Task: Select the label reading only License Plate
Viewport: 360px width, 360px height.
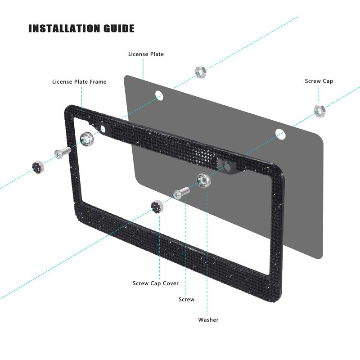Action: coord(146,54)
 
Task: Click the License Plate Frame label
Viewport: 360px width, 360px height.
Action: coord(79,81)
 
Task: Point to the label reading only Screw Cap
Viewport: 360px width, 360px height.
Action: coord(319,81)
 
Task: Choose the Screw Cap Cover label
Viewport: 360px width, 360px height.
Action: coord(155,283)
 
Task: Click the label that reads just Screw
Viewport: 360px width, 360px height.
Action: coord(186,299)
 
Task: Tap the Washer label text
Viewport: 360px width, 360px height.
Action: coord(208,319)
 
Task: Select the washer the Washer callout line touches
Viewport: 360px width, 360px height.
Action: coord(204,180)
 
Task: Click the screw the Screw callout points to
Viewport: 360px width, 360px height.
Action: coord(181,192)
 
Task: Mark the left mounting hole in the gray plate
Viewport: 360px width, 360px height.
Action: coord(158,95)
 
